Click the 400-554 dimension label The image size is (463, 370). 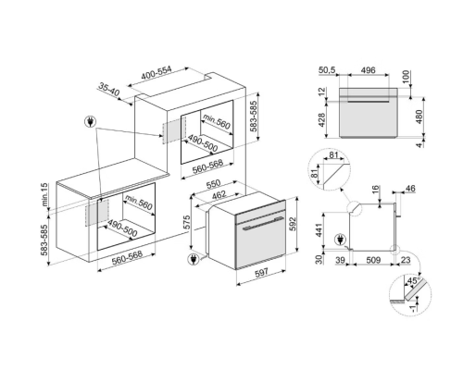pos(156,73)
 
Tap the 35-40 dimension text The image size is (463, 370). pos(108,89)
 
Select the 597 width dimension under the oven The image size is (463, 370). pos(261,272)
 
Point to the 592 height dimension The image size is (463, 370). pos(293,224)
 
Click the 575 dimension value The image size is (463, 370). pos(187,222)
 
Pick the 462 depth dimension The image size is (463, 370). pos(219,195)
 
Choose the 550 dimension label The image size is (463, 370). pos(213,184)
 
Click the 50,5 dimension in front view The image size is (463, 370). pos(327,70)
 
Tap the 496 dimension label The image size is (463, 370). pos(368,70)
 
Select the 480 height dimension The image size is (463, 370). pos(419,117)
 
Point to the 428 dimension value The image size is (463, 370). pos(321,120)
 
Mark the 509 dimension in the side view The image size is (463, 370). pos(373,260)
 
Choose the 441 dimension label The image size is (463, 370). pos(319,230)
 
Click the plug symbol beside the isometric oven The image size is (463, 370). pos(194,259)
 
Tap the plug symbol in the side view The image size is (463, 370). pos(341,240)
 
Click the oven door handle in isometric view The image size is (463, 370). pos(263,224)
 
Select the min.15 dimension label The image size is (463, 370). pos(45,194)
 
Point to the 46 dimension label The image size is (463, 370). pos(410,188)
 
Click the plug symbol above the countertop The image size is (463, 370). pos(90,122)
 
